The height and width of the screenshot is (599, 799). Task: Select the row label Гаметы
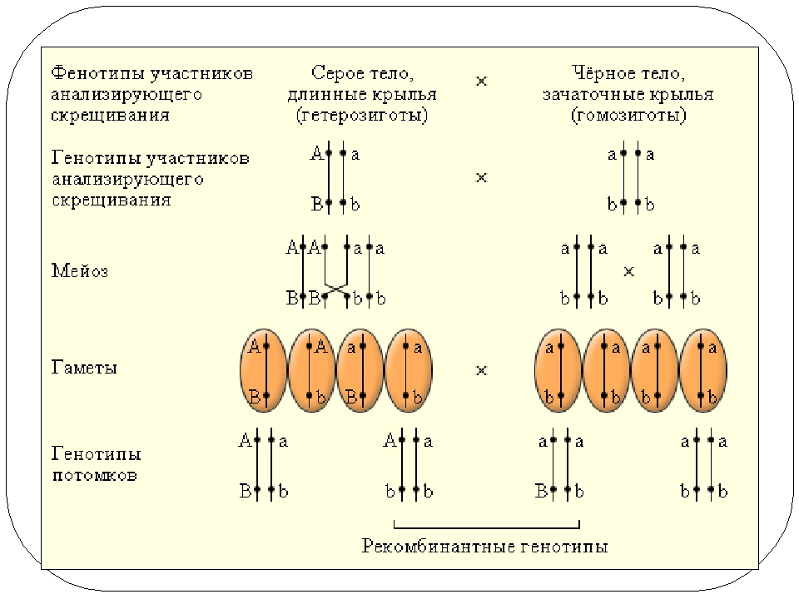(x=84, y=368)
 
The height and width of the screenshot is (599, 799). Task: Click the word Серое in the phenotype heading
(x=333, y=73)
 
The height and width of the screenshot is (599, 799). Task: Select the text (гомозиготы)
(x=628, y=116)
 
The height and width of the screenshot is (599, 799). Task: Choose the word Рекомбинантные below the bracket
(x=434, y=547)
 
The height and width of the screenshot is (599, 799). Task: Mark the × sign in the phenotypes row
(x=481, y=82)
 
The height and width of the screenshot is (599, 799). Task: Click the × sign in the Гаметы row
(x=481, y=370)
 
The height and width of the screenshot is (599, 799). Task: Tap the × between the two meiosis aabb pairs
(x=629, y=271)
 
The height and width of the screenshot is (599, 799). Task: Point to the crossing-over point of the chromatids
(x=335, y=288)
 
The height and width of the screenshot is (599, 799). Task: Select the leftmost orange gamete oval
(x=262, y=369)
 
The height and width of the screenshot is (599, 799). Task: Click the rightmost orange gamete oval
(x=703, y=369)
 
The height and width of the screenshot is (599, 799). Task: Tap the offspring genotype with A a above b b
(x=408, y=466)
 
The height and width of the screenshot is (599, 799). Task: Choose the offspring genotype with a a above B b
(x=558, y=466)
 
